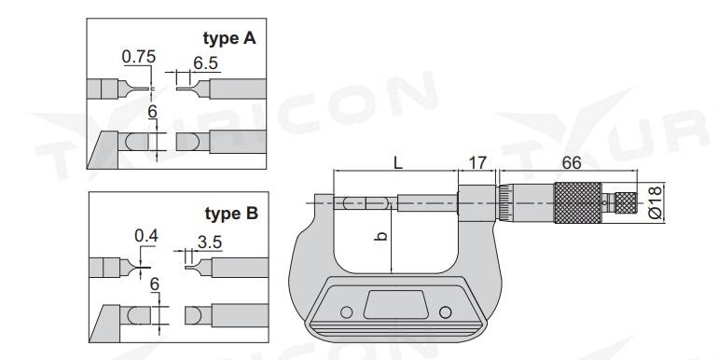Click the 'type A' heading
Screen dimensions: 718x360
pyautogui.click(x=229, y=38)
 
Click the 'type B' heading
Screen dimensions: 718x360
pyautogui.click(x=231, y=214)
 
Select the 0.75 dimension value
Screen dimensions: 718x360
pyautogui.click(x=139, y=57)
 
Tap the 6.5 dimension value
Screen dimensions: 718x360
pyautogui.click(x=205, y=63)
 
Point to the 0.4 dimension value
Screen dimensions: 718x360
pyautogui.click(x=146, y=236)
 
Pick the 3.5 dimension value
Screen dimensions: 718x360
pyautogui.click(x=210, y=242)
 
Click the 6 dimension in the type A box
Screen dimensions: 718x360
pyautogui.click(x=153, y=112)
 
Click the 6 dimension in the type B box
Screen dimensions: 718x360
pyautogui.click(x=155, y=284)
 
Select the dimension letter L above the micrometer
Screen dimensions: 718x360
pyautogui.click(x=398, y=162)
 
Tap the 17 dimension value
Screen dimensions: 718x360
pyautogui.click(x=477, y=162)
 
